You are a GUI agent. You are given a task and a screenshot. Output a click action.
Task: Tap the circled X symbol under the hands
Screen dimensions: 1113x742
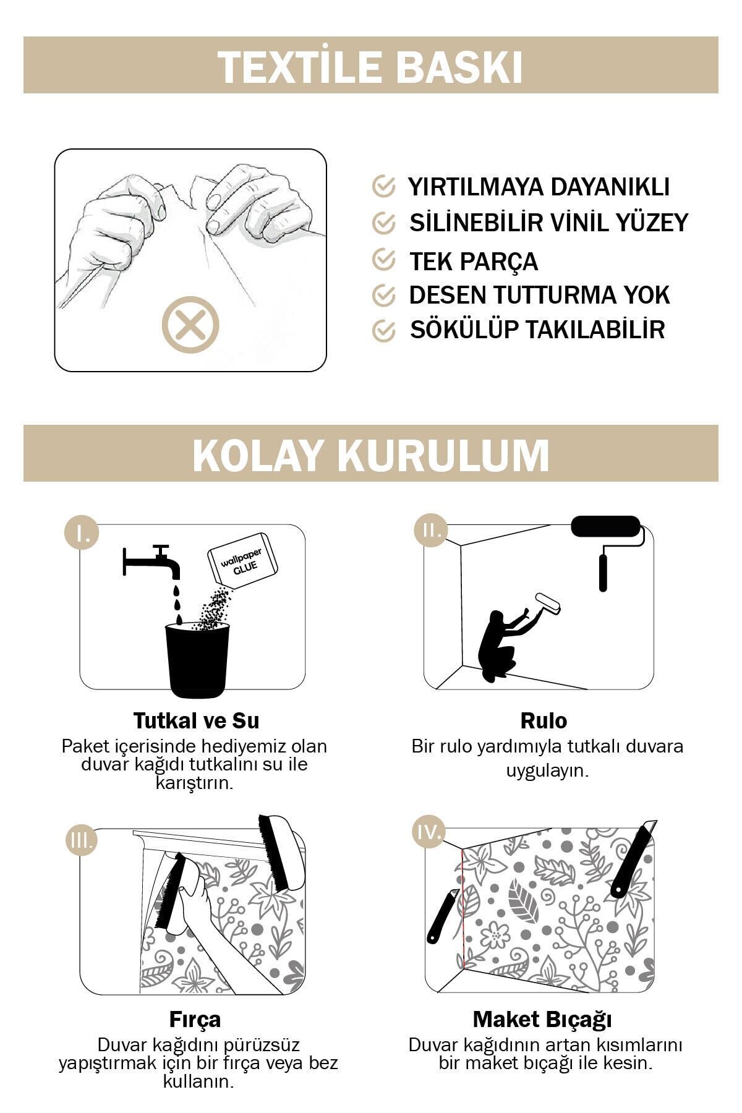pyautogui.click(x=190, y=326)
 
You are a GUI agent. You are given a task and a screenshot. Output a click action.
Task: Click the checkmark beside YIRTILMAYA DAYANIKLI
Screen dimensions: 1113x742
pyautogui.click(x=384, y=186)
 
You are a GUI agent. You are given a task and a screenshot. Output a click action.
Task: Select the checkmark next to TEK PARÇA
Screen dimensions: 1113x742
pyautogui.click(x=384, y=260)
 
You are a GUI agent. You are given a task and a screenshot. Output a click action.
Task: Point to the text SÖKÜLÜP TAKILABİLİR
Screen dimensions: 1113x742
pyautogui.click(x=537, y=330)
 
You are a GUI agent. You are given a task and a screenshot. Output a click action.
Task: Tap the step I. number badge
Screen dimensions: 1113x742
pyautogui.click(x=82, y=532)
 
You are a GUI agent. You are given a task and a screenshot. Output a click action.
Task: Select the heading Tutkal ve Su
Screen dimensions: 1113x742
pyautogui.click(x=196, y=721)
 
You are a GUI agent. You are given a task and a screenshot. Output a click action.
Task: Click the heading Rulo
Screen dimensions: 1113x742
pyautogui.click(x=544, y=721)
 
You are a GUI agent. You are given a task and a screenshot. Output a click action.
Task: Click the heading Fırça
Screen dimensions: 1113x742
pyautogui.click(x=195, y=1020)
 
